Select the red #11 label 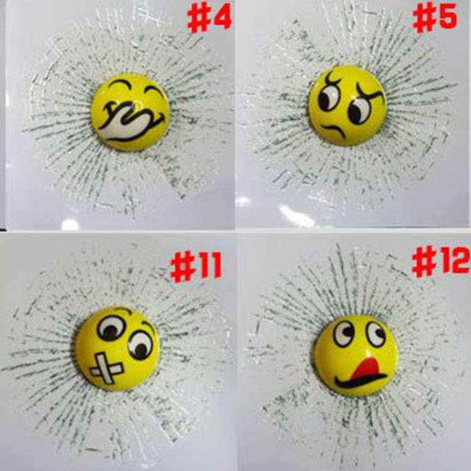click(196, 267)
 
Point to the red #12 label click(441, 262)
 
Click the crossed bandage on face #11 click(106, 368)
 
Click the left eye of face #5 click(329, 97)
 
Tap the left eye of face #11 click(111, 329)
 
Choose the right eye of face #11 click(141, 345)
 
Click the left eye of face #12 click(344, 334)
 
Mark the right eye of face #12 click(376, 334)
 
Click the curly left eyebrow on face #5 click(333, 78)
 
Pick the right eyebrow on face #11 click(149, 325)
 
